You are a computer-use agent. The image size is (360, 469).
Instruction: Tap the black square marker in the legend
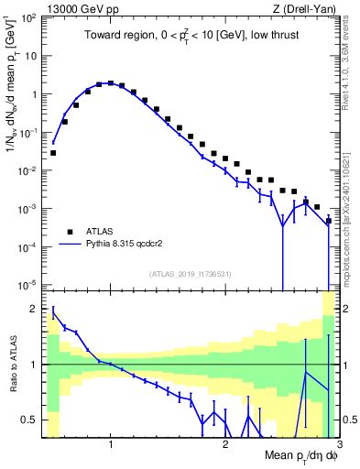[68, 233]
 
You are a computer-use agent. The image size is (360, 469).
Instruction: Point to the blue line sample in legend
[68, 245]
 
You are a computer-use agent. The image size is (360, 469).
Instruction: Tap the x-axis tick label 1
[111, 444]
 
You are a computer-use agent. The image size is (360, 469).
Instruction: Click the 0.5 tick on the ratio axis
[33, 420]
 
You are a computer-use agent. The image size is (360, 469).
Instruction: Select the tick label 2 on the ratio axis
[37, 309]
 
